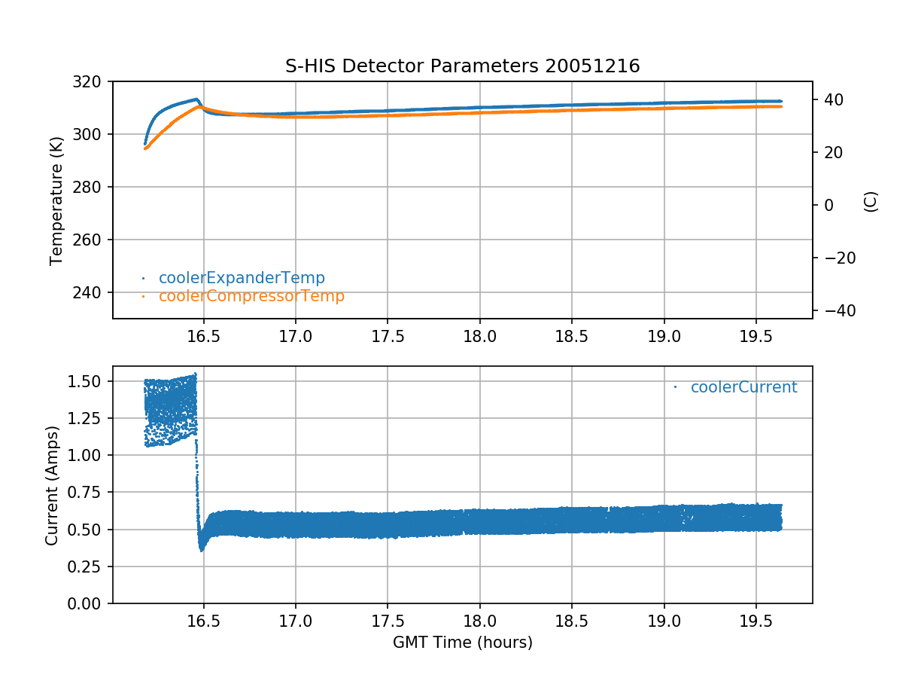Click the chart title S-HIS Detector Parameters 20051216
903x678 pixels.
coord(462,66)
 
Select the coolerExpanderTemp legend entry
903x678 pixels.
coord(242,278)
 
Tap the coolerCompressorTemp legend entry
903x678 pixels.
coord(251,296)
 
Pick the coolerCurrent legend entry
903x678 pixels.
coord(743,387)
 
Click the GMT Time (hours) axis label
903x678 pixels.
coord(462,643)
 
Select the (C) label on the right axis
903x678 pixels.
coord(871,201)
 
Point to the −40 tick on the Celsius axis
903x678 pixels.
coord(834,310)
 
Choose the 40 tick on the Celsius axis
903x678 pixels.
coord(829,99)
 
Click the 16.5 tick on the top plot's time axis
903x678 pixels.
coord(203,336)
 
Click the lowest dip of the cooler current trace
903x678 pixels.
coord(201,550)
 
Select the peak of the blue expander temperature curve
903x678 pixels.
coord(197,99)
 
